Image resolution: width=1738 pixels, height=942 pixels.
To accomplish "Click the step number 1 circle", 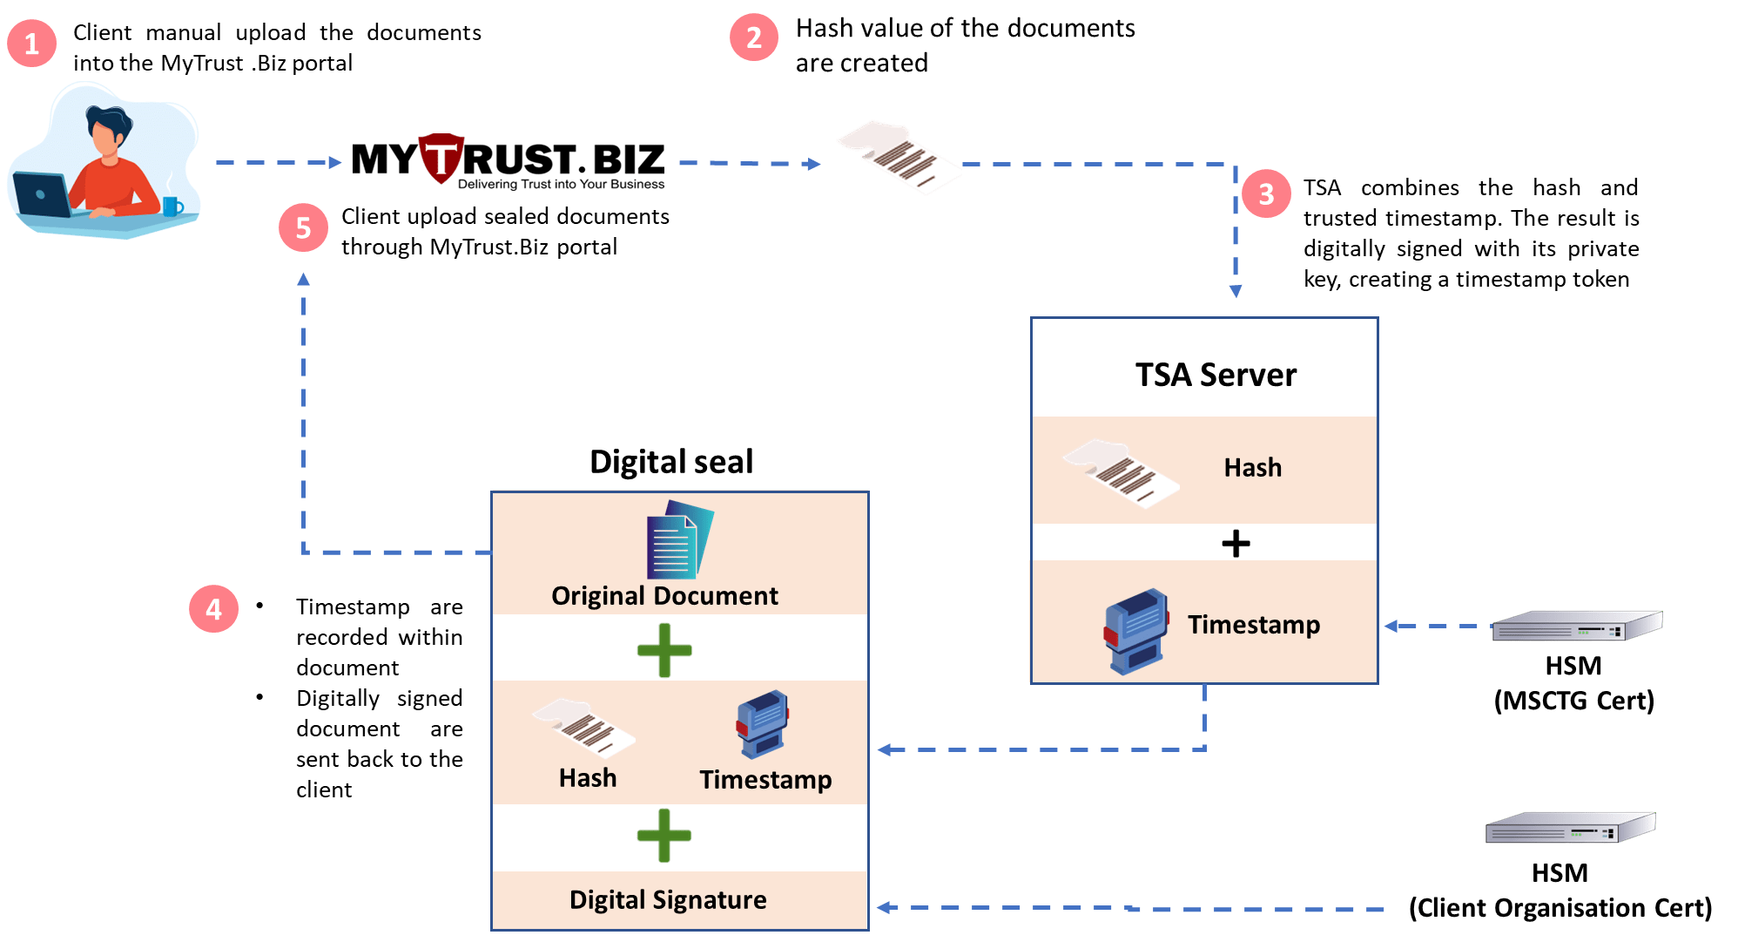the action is pos(32,44).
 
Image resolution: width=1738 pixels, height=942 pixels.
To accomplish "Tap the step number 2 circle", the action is pos(754,37).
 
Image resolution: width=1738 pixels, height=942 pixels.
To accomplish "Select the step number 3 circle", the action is pos(1266,193).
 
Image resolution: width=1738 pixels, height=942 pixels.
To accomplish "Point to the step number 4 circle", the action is pos(213,608).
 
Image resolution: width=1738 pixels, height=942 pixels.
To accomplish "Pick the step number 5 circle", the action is pos(303,227).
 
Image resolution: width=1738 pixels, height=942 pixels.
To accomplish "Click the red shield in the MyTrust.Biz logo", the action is pos(441,158).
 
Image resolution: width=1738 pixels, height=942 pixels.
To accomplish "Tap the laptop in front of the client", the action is pos(42,194).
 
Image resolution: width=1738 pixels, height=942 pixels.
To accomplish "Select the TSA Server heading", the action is pos(1216,375).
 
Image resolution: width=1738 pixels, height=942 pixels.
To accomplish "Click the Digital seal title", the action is pos(671,461).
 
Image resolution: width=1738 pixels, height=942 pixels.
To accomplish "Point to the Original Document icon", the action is pos(680,539).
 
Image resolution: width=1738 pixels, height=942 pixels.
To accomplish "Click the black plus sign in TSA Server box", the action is pos(1236,544).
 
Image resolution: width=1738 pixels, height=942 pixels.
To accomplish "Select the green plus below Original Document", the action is pos(664,650).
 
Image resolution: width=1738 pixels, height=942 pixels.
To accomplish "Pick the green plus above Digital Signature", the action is pos(664,836).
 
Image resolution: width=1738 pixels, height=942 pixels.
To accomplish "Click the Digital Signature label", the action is pos(668,899).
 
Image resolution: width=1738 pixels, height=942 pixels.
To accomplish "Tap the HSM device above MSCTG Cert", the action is pos(1577,626).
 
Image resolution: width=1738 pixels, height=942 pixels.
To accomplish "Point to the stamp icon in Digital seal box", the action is pos(763,724).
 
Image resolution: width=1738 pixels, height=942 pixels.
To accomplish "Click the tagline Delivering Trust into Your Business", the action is pos(561,184).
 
